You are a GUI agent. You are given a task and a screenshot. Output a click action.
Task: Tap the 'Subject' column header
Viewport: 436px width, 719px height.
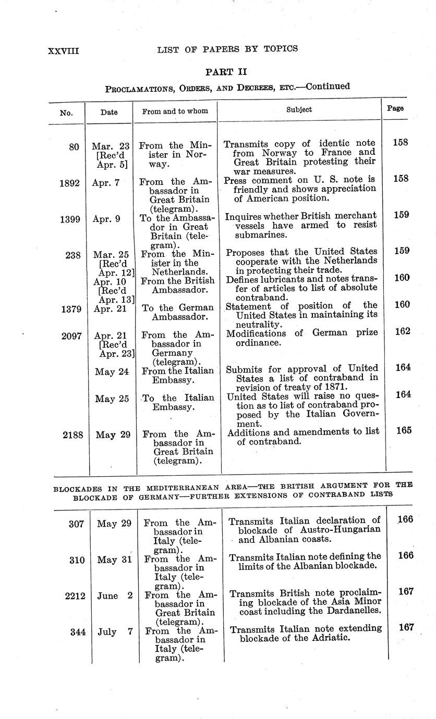point(299,109)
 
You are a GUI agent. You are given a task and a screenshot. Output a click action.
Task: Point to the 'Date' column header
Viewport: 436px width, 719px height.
point(109,112)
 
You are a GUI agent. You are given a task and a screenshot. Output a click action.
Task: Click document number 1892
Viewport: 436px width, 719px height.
point(69,182)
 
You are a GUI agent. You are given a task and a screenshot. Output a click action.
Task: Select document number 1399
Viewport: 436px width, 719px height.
point(69,219)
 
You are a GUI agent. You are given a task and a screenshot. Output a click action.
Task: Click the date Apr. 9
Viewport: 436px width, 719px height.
point(106,219)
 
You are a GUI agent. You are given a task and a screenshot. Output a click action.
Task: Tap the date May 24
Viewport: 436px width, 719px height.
point(112,371)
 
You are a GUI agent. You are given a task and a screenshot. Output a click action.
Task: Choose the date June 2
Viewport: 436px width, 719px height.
point(114,596)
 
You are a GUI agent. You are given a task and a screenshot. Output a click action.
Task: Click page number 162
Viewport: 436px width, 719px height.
point(402,331)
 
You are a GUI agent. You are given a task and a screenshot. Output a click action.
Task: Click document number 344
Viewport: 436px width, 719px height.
point(78,632)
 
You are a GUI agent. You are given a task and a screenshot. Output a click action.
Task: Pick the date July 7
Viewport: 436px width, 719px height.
point(115,632)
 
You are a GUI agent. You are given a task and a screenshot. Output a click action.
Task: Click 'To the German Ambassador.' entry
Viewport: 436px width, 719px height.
point(178,312)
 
